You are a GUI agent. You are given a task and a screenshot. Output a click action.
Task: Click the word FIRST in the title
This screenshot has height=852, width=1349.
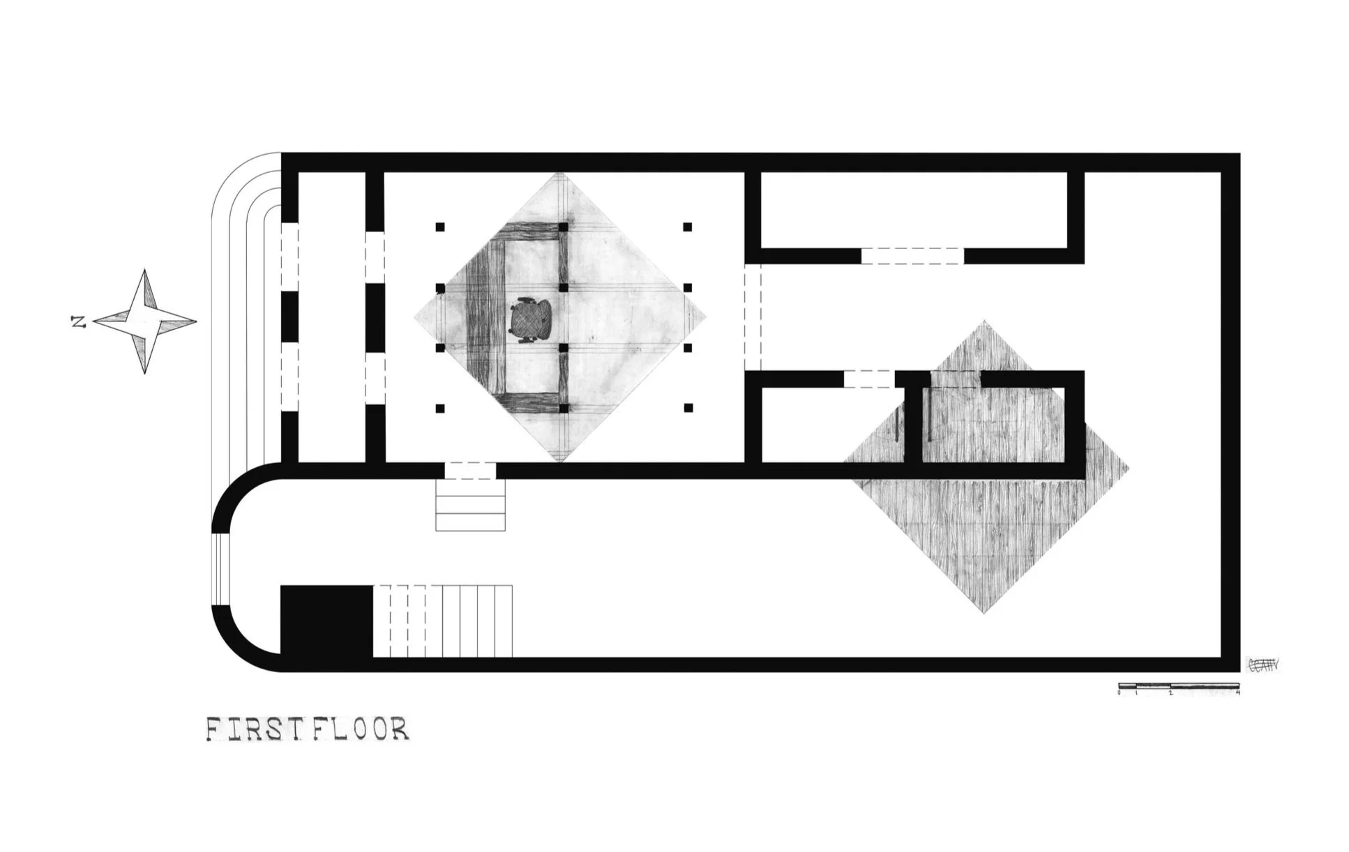(x=257, y=729)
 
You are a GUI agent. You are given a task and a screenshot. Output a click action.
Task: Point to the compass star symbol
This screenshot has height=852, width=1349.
(x=145, y=321)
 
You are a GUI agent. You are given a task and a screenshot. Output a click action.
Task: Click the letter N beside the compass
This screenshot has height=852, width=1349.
(x=78, y=322)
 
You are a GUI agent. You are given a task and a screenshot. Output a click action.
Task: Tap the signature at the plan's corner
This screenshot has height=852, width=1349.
(x=1263, y=665)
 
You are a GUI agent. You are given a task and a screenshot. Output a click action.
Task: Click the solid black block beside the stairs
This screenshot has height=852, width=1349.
(x=326, y=620)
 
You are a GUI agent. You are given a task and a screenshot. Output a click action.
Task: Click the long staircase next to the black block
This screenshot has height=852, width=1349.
(x=443, y=621)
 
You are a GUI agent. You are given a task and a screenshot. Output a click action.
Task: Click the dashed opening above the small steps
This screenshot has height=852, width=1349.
(x=470, y=471)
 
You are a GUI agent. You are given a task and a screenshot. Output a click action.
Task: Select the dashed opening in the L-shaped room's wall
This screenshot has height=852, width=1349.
(x=912, y=256)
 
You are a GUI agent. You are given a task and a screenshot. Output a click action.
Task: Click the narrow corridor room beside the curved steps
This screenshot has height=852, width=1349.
(x=331, y=317)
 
